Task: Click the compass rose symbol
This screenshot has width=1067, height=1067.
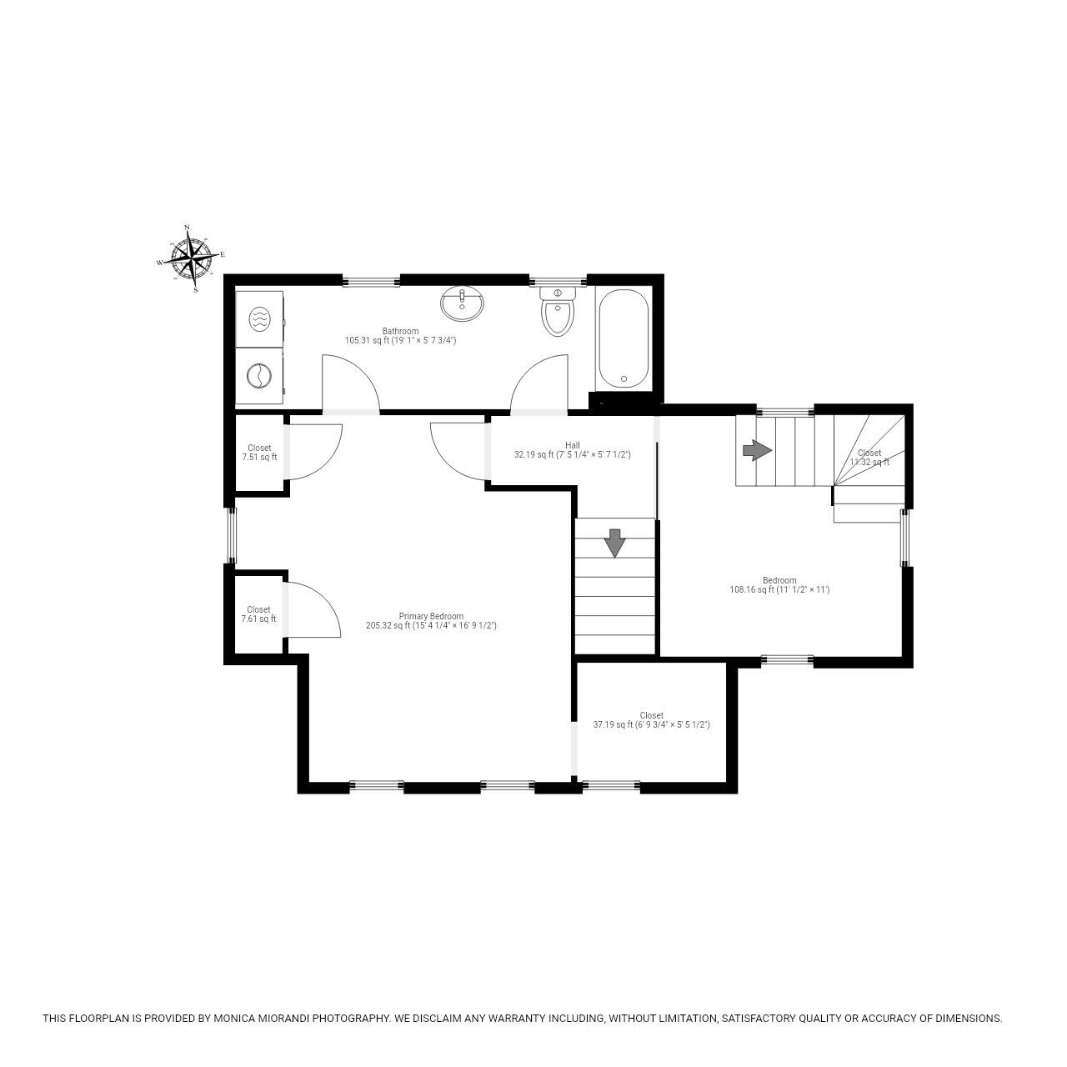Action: (x=191, y=258)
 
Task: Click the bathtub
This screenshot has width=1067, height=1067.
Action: (x=623, y=338)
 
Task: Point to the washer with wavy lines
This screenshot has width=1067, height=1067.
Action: (x=259, y=318)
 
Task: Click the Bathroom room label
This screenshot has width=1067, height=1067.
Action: (x=400, y=336)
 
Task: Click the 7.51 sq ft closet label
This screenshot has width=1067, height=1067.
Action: (x=259, y=453)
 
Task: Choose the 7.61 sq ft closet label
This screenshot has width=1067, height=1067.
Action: (x=258, y=614)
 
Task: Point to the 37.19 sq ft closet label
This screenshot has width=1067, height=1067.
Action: (x=651, y=720)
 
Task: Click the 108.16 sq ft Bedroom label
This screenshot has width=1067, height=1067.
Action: (x=779, y=585)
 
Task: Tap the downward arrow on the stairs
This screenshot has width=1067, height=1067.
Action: (x=614, y=543)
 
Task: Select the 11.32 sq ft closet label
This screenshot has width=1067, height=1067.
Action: (x=869, y=458)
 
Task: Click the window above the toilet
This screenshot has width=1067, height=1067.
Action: (x=558, y=280)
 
